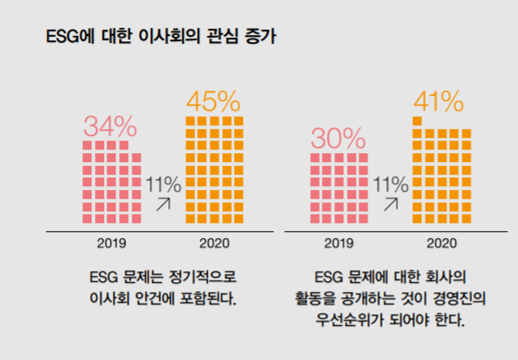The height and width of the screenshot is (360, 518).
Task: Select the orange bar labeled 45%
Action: (x=214, y=169)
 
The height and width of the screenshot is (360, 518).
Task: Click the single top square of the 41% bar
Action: (x=418, y=121)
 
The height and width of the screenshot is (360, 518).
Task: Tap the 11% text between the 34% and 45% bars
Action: (x=163, y=185)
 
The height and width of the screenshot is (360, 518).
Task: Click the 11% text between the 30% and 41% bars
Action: (x=391, y=185)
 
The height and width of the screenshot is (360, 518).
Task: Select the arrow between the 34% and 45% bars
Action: (x=163, y=204)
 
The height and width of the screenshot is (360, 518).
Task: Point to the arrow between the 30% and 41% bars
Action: (x=391, y=204)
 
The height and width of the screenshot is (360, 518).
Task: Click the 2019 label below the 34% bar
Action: (x=111, y=243)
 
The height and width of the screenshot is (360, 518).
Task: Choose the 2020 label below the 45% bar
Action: (x=214, y=243)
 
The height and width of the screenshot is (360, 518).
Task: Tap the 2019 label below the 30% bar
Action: (x=339, y=243)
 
